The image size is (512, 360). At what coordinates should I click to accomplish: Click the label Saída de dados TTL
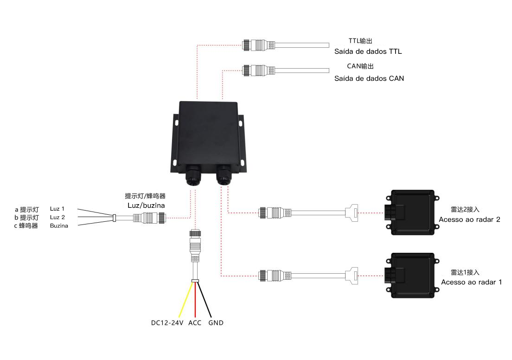click(x=368, y=51)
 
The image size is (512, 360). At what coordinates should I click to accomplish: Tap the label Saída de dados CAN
click(x=369, y=78)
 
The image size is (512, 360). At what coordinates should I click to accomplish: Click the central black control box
click(x=208, y=137)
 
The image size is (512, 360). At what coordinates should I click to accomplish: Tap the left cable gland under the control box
click(x=194, y=176)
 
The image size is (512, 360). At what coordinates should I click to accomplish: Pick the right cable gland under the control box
click(x=224, y=175)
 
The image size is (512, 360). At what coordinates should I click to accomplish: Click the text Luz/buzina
click(x=146, y=206)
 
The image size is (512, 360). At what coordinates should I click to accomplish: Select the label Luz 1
click(x=57, y=209)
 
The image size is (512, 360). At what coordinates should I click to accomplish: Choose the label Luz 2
click(x=58, y=217)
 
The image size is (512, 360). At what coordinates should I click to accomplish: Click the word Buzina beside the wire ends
click(x=59, y=226)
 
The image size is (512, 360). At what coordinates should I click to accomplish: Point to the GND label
click(x=216, y=323)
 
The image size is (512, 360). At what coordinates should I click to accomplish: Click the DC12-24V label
click(x=167, y=323)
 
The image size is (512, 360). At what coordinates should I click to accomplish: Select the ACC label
click(x=195, y=323)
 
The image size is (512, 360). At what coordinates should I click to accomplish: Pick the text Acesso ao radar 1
click(x=471, y=282)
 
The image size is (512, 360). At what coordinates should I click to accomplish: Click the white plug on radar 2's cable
click(x=352, y=212)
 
